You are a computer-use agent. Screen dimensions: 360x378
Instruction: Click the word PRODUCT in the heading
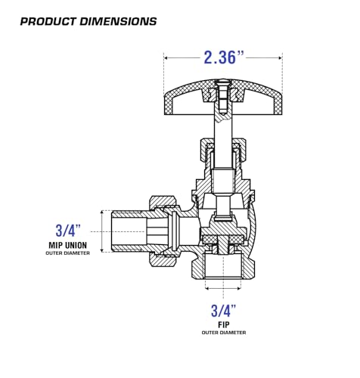[x=48, y=21]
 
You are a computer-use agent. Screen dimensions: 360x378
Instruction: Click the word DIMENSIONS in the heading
[x=119, y=21]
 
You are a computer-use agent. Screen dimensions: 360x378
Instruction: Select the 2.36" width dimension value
[x=224, y=57]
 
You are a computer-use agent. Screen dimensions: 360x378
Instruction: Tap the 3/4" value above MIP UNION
[x=68, y=231]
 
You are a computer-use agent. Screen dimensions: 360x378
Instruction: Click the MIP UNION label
[x=68, y=245]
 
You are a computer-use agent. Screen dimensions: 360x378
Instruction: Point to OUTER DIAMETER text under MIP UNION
[x=68, y=253]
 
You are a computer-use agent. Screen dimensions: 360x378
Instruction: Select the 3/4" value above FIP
[x=223, y=311]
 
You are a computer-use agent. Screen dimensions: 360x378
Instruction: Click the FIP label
[x=224, y=324]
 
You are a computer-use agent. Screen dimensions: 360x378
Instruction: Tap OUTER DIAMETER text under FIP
[x=224, y=333]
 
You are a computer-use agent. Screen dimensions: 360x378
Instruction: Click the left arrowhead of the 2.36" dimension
[x=166, y=58]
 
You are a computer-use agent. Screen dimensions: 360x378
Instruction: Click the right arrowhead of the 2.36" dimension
[x=280, y=58]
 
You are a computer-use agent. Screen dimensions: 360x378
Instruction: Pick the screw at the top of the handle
[x=223, y=96]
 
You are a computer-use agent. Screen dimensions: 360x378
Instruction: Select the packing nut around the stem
[x=223, y=150]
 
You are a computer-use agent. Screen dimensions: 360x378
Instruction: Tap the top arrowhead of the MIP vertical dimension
[x=102, y=212]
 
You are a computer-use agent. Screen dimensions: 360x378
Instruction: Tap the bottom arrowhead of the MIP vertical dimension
[x=102, y=250]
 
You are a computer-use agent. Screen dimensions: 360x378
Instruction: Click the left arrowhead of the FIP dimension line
[x=207, y=288]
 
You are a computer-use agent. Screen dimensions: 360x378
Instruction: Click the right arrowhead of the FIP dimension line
[x=239, y=288]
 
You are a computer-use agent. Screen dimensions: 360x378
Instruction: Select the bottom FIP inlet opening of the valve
[x=223, y=267]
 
